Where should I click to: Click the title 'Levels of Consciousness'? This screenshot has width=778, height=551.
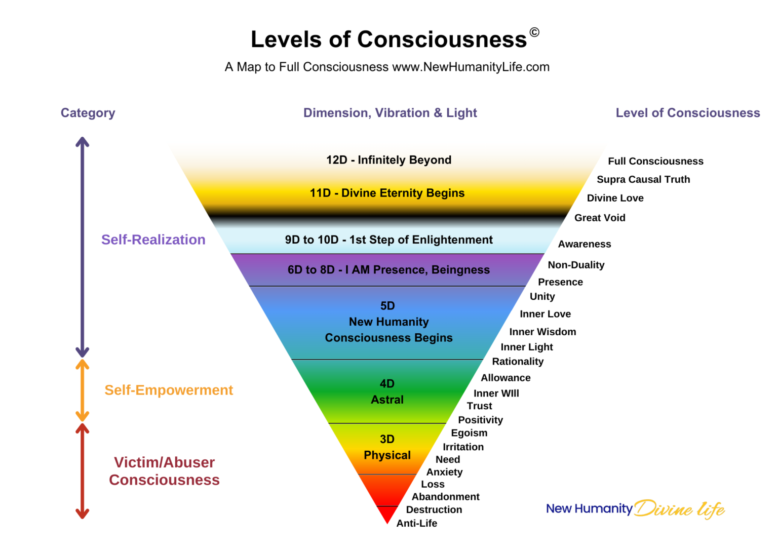tap(388, 40)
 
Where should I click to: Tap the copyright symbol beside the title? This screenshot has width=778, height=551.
tap(534, 32)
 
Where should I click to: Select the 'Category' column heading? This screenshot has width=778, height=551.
tap(88, 113)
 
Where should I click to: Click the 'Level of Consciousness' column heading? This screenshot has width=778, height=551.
tap(687, 113)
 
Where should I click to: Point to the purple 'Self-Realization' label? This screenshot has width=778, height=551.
tap(153, 240)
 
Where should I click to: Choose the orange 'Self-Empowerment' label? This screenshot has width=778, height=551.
tap(168, 390)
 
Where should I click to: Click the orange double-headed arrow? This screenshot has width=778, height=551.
tap(83, 390)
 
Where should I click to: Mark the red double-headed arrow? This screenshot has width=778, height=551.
tap(83, 471)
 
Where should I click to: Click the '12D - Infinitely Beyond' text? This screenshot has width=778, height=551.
tap(388, 160)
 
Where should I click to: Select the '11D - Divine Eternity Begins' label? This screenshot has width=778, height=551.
tap(387, 193)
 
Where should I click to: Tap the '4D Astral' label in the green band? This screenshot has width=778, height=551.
tap(387, 391)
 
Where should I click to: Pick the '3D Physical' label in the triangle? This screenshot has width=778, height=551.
tap(387, 447)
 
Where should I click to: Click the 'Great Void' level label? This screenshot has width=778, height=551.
tap(600, 218)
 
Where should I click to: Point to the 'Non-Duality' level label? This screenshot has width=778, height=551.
tap(576, 265)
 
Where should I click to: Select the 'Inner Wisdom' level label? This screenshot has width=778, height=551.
tap(542, 332)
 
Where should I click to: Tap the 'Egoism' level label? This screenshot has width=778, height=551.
tap(469, 433)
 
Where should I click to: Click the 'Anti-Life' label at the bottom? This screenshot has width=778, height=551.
tap(416, 523)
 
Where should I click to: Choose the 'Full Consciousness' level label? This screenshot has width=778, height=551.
tap(655, 161)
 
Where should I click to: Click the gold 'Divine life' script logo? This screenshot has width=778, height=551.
tap(679, 508)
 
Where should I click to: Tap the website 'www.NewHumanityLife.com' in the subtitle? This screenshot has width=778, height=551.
tap(471, 67)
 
